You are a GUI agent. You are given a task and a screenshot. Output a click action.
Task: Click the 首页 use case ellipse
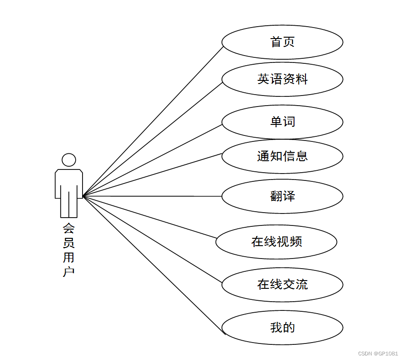282,42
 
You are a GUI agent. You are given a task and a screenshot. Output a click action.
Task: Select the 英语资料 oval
282,79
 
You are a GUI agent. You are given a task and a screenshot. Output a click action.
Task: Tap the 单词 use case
282,122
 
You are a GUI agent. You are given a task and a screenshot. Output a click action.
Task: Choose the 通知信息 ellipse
282,156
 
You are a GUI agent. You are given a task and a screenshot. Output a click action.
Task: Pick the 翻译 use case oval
282,196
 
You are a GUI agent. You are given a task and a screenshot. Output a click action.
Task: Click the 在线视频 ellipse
276,242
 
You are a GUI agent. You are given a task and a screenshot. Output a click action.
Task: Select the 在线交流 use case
282,285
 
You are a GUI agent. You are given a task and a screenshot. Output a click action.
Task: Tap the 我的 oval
282,328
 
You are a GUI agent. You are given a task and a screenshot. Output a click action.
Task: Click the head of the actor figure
69,160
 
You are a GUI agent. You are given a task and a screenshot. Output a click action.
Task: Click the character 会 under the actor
69,228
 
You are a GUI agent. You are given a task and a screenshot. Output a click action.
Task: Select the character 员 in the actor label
69,242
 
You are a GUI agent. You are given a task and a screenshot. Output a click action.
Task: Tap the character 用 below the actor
69,257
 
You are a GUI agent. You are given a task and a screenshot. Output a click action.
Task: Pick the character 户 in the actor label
69,271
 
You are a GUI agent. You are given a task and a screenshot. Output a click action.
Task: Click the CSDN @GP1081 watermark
378,354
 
